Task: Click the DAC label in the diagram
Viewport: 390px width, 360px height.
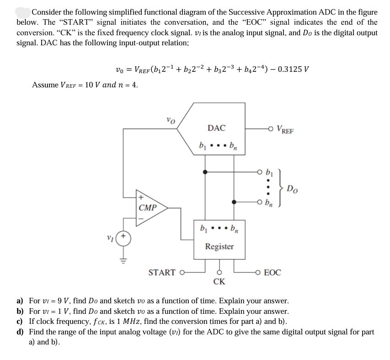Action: coord(216,128)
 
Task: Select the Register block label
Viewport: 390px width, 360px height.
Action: coord(219,247)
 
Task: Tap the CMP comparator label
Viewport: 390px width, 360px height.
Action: coord(148,208)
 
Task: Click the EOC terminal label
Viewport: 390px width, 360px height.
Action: coord(272,273)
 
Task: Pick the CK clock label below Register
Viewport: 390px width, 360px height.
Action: coord(219,282)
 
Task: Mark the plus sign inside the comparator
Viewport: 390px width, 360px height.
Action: coord(141,198)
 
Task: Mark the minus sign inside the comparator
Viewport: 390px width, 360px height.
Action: coord(141,218)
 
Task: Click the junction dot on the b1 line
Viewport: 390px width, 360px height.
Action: coord(205,172)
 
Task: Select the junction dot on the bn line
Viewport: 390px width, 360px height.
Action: coord(234,202)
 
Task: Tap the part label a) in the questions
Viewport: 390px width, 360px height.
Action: coord(20,301)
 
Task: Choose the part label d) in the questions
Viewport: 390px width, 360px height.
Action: coord(20,332)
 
